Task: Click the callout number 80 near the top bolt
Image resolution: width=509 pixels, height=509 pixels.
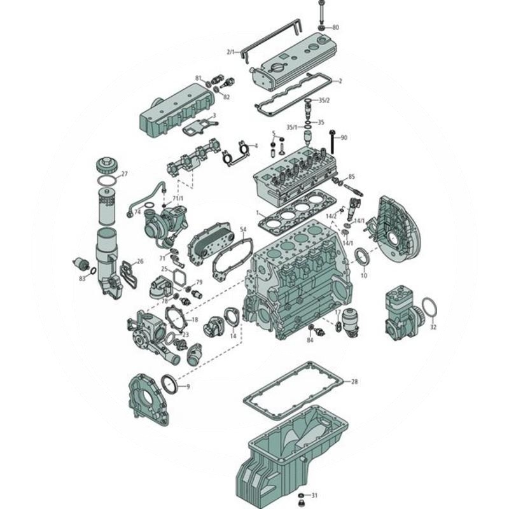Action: (335, 27)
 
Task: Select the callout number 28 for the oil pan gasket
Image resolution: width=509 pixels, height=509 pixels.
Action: (354, 382)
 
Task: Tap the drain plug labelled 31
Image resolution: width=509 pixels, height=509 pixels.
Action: (302, 495)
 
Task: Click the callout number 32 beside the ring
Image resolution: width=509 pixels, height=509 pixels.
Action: (433, 328)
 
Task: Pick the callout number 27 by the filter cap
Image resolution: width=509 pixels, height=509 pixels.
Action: (125, 174)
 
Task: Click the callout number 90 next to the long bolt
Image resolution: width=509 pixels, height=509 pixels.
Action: (344, 138)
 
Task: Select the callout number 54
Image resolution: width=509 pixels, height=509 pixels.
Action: (242, 228)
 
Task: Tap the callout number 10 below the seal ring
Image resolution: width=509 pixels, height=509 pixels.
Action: (364, 275)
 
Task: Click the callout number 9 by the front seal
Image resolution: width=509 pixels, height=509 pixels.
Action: (187, 386)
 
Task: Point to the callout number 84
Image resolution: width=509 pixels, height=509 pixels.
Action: (310, 340)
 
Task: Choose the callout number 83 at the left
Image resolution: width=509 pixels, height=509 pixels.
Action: (82, 279)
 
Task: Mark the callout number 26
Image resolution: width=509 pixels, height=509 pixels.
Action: (140, 261)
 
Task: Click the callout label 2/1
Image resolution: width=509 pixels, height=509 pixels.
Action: (230, 51)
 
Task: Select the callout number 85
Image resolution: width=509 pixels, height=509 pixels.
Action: (351, 176)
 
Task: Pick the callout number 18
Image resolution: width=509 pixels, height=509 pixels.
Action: (195, 319)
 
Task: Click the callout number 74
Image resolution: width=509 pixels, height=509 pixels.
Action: (137, 212)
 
